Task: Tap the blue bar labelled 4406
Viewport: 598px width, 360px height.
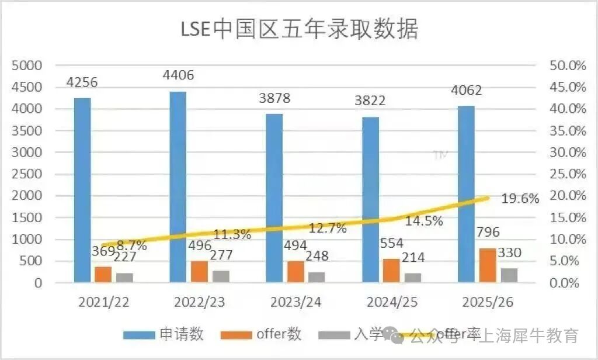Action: pos(178,187)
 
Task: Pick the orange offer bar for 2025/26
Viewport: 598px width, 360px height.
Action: pos(487,265)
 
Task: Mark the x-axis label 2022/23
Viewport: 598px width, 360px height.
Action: pos(199,302)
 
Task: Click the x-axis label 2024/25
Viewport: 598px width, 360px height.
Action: pos(391,302)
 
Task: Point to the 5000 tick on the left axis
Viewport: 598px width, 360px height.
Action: pos(26,65)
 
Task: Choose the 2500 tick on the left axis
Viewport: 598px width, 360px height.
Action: pos(26,174)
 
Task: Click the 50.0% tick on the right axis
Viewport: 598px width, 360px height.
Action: pos(568,65)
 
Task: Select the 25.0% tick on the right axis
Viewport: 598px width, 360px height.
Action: pos(568,174)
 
